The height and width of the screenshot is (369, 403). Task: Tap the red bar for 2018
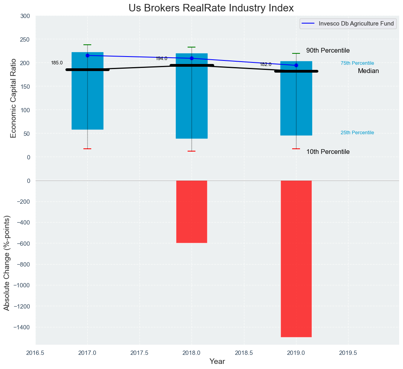pyautogui.click(x=192, y=212)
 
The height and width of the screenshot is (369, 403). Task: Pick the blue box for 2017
pyautogui.click(x=87, y=98)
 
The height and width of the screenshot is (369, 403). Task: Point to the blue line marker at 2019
pyautogui.click(x=296, y=65)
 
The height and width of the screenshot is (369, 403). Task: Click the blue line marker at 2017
pyautogui.click(x=87, y=55)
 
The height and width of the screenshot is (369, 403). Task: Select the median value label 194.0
pyautogui.click(x=161, y=58)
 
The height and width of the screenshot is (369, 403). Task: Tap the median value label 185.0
pyautogui.click(x=57, y=63)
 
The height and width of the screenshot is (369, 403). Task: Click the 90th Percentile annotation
pyautogui.click(x=328, y=51)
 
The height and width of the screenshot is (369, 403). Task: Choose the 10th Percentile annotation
pyautogui.click(x=328, y=152)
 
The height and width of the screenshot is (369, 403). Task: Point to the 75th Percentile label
pyautogui.click(x=357, y=63)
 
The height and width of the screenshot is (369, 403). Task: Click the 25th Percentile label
pyautogui.click(x=357, y=133)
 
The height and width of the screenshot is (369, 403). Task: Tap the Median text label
pyautogui.click(x=368, y=71)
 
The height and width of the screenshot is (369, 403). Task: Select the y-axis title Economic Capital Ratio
pyautogui.click(x=13, y=98)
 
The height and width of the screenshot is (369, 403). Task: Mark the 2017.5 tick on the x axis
pyautogui.click(x=139, y=353)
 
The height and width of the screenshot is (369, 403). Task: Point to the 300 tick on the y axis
pyautogui.click(x=25, y=16)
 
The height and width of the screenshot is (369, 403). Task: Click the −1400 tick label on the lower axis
pyautogui.click(x=22, y=327)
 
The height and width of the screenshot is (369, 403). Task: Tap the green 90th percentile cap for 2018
pyautogui.click(x=192, y=47)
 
